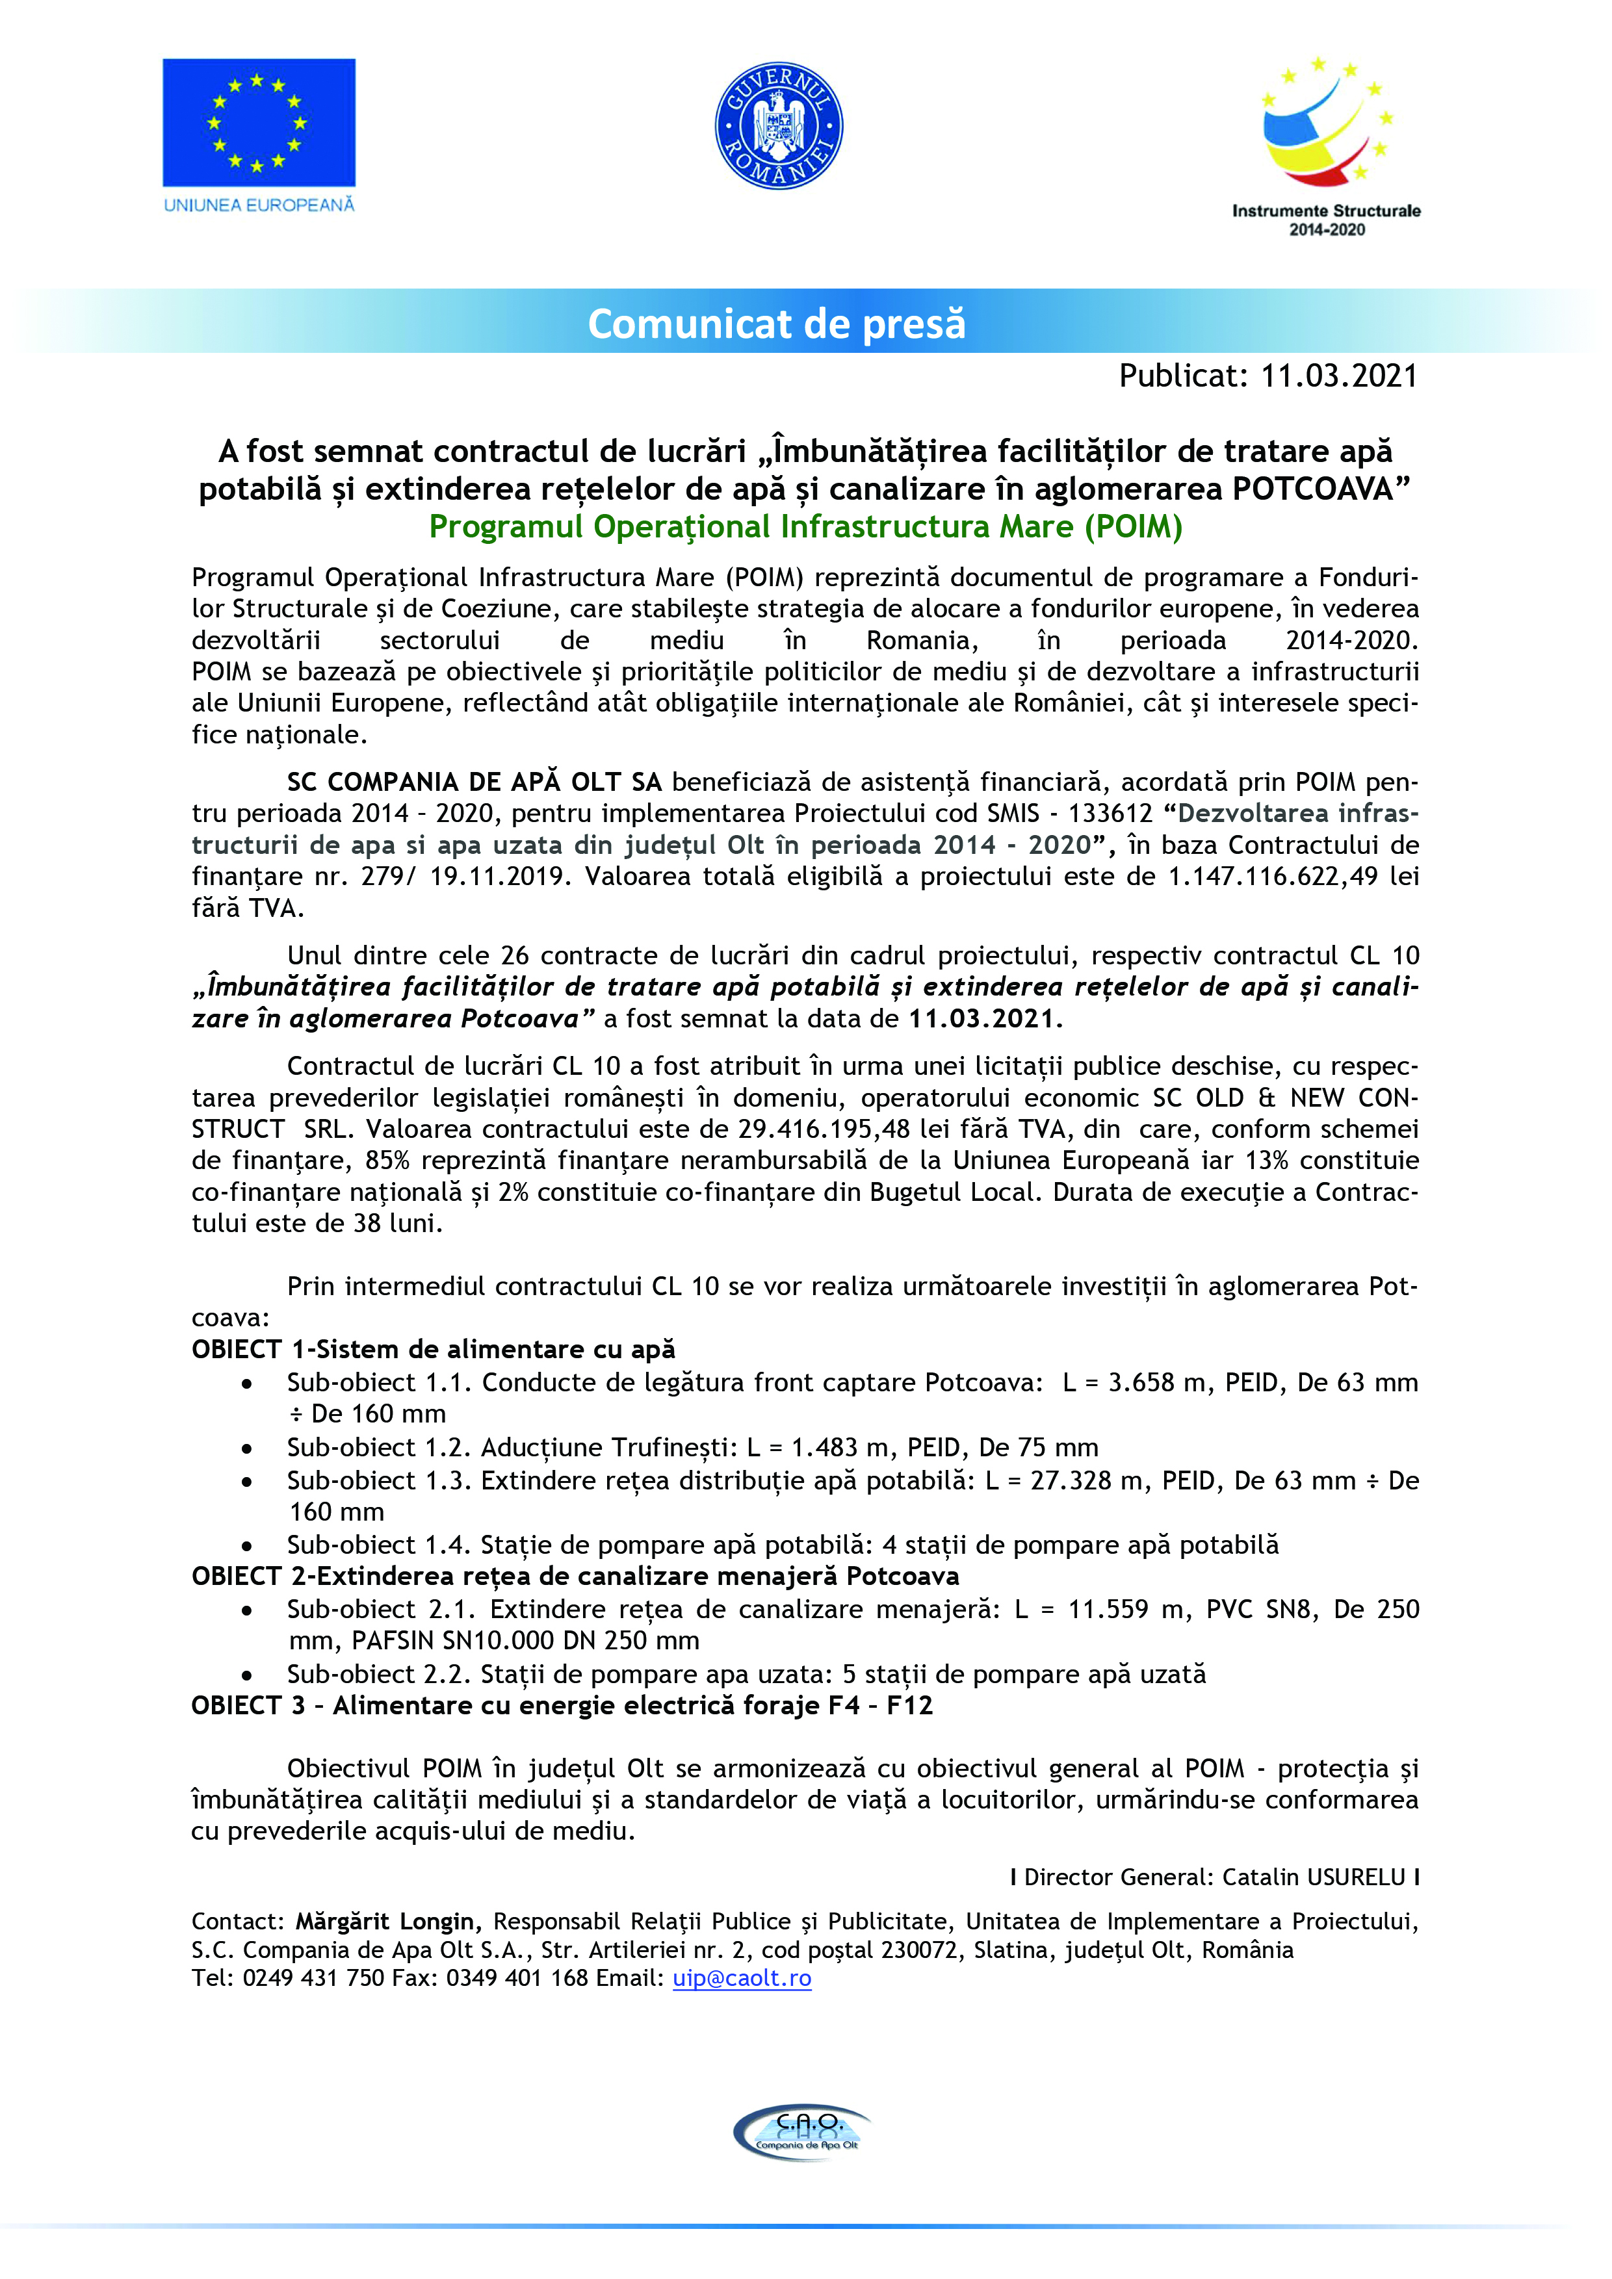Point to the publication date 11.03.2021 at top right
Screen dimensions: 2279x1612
tap(1338, 376)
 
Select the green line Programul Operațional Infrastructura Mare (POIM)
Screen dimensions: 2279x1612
tap(805, 526)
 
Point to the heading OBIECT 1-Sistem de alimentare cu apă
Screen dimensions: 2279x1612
tap(433, 1350)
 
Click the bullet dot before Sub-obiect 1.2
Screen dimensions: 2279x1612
tap(246, 1449)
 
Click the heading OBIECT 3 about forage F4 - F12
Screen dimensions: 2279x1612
tap(562, 1705)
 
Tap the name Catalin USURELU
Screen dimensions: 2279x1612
tap(1313, 1877)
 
